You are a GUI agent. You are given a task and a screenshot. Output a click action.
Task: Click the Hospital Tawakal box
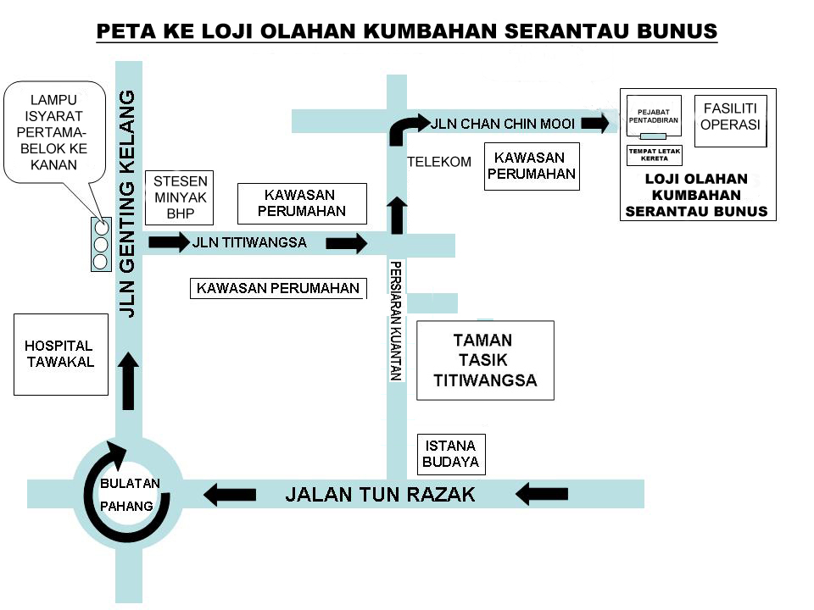pyautogui.click(x=60, y=354)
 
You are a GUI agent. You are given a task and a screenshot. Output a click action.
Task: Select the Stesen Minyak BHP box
pyautogui.click(x=180, y=197)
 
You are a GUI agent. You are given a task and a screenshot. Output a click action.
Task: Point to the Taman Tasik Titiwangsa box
pyautogui.click(x=484, y=360)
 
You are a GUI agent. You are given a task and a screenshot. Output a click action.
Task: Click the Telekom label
pyautogui.click(x=438, y=162)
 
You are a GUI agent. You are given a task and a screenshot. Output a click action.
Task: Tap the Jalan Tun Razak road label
pyautogui.click(x=380, y=494)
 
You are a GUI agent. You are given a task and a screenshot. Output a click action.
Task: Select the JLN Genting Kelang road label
pyautogui.click(x=127, y=203)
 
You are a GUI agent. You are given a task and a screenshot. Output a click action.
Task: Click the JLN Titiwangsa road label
pyautogui.click(x=249, y=243)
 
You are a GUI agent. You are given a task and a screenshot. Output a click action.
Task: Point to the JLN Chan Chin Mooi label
pyautogui.click(x=503, y=124)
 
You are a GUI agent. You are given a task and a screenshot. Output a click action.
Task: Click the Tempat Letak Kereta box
pyautogui.click(x=654, y=155)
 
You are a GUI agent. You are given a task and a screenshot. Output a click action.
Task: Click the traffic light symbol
pyautogui.click(x=101, y=244)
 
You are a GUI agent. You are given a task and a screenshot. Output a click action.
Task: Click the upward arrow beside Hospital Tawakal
pyautogui.click(x=128, y=381)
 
